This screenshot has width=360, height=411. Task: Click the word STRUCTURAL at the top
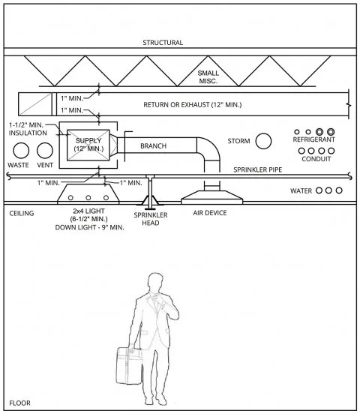(163, 43)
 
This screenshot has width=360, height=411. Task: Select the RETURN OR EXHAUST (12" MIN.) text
(203, 105)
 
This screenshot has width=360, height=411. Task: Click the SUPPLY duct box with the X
(88, 143)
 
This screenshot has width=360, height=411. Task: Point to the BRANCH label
(153, 146)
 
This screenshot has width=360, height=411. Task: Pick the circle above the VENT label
(45, 150)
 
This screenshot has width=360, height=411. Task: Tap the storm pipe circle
(264, 141)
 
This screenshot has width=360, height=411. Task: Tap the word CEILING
(21, 213)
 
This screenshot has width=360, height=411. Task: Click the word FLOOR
(19, 403)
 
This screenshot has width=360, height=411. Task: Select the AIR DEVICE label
(210, 213)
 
